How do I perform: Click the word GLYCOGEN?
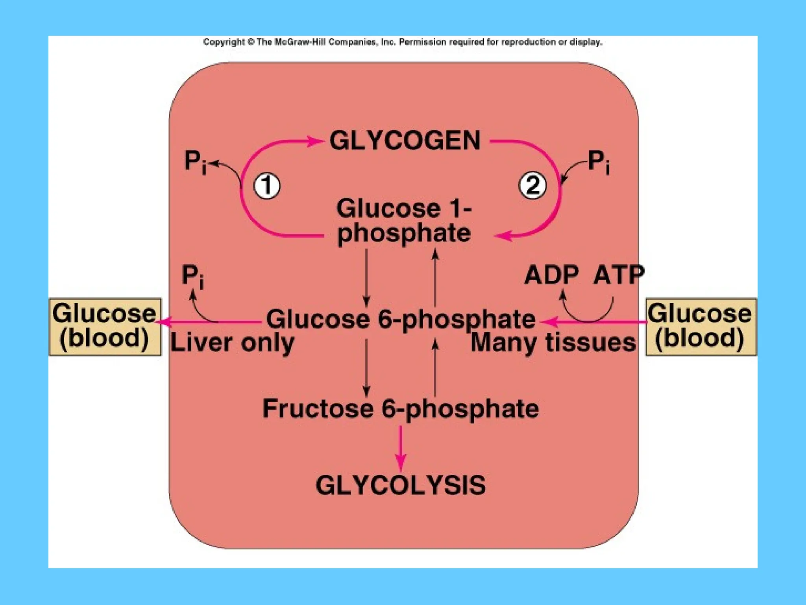(405, 141)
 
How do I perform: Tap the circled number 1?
(267, 186)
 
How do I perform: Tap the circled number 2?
(533, 185)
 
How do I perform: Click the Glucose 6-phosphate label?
(401, 319)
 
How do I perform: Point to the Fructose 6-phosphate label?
(401, 408)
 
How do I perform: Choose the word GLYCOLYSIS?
(401, 485)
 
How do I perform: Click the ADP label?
(552, 275)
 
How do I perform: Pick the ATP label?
(618, 275)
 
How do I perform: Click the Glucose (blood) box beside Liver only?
(105, 327)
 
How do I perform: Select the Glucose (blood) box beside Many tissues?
(701, 327)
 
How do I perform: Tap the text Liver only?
(232, 343)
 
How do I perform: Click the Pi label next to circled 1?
(195, 162)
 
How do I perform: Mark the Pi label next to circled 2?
(599, 162)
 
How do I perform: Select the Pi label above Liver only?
(193, 276)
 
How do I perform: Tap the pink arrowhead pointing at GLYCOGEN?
(315, 141)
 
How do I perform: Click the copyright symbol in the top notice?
(250, 42)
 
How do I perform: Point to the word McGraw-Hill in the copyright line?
(300, 42)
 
